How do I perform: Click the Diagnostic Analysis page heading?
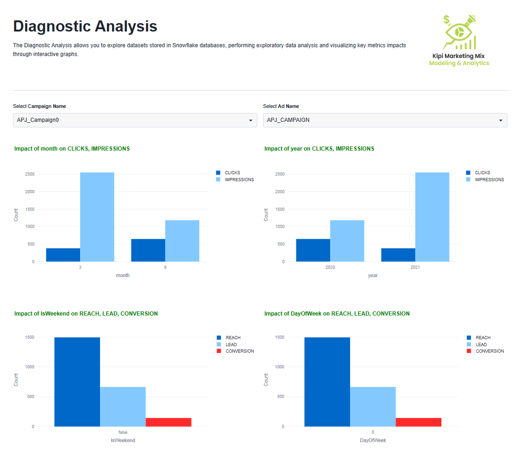85,26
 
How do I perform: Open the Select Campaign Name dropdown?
135,120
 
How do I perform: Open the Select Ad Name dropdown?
385,120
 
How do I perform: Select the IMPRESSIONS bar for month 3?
97,217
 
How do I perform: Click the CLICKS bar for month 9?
148,250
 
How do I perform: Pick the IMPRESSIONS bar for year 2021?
432,217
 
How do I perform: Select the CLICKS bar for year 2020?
313,250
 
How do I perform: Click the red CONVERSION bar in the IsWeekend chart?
169,422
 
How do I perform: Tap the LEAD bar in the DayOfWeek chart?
373,406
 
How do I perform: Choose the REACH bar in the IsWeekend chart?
77,382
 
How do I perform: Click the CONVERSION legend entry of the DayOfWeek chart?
489,351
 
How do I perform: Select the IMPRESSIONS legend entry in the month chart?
239,180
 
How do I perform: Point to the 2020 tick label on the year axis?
330,268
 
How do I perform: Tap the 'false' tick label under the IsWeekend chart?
123,432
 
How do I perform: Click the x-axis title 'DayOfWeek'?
373,440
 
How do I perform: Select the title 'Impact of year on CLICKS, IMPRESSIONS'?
319,149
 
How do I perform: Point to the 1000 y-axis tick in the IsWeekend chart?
30,367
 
